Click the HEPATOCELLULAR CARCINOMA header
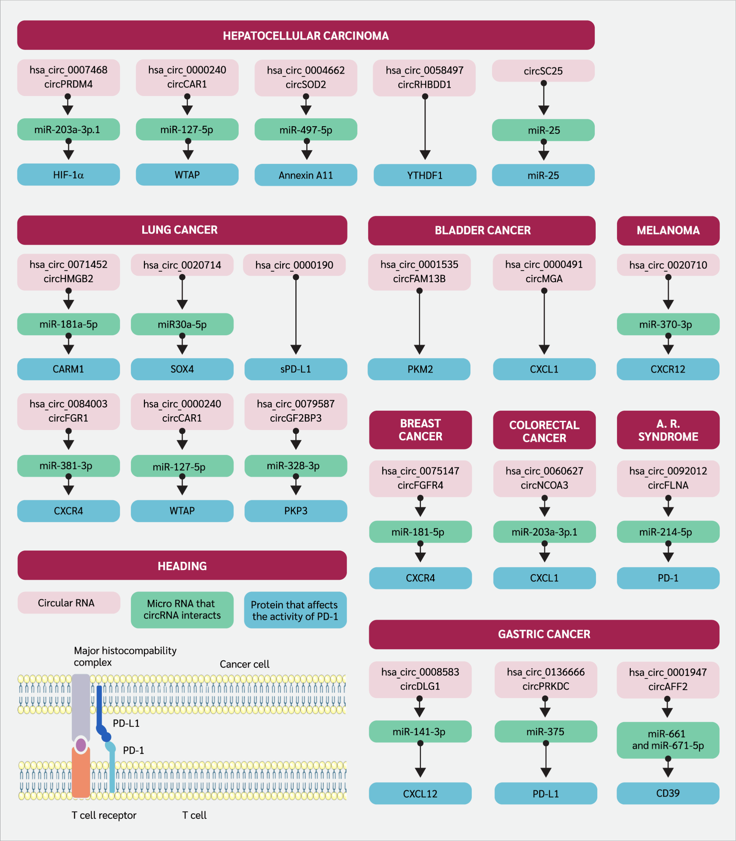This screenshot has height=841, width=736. (306, 35)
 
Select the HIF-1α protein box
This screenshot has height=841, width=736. (68, 175)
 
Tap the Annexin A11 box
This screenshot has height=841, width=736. (306, 175)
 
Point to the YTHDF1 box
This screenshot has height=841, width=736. (425, 175)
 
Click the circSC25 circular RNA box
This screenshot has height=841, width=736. (543, 71)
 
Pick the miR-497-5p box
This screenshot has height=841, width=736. (306, 130)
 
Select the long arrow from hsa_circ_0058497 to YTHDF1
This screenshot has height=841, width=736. (425, 127)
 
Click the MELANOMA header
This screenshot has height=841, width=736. (668, 230)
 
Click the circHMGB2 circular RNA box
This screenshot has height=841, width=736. (68, 272)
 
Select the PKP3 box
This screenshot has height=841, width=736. (296, 511)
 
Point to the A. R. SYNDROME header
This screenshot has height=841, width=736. (668, 430)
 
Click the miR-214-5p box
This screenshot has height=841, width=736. (668, 532)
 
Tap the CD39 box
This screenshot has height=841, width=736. (668, 793)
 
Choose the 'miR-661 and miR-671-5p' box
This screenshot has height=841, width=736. (668, 740)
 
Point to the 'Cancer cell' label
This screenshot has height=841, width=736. (244, 664)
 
